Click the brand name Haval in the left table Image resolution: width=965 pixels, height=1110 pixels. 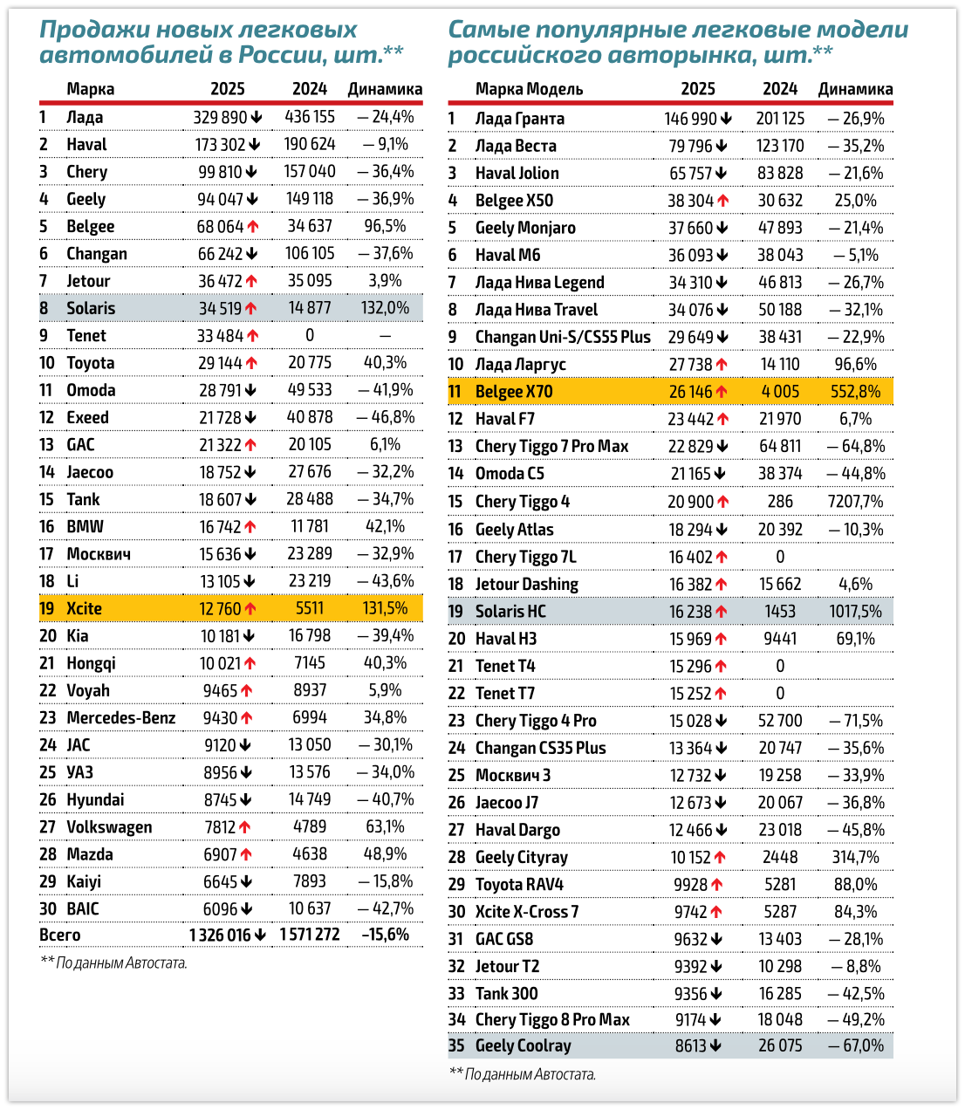tap(86, 145)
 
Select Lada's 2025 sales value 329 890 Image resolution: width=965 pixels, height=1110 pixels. tap(220, 117)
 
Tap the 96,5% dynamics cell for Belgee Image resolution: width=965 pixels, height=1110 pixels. tap(385, 226)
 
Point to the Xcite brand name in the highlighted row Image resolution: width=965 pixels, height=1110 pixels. tap(84, 608)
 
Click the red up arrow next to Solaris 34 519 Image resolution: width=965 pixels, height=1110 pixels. tap(251, 308)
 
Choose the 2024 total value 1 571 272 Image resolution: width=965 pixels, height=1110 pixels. tap(310, 935)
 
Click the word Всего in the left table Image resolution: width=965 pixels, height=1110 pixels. tap(59, 935)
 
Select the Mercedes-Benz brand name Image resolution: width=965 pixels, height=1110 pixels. tap(120, 717)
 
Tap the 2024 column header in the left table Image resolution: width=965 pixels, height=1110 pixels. tap(310, 89)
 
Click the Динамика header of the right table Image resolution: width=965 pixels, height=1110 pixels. tap(855, 89)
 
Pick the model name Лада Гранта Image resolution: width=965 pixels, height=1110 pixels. tap(519, 119)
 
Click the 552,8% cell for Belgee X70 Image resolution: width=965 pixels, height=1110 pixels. tap(855, 392)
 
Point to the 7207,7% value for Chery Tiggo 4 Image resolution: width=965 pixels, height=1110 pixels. tap(855, 502)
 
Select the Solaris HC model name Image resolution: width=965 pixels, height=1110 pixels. tap(510, 612)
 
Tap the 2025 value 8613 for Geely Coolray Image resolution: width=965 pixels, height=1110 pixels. tap(690, 1045)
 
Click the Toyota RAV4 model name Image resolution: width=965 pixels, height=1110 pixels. tap(519, 884)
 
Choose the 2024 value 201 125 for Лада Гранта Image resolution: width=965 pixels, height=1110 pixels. tap(780, 119)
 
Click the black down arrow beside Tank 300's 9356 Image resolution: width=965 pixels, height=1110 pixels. tap(716, 994)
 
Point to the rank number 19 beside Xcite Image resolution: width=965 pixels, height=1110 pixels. tap(47, 608)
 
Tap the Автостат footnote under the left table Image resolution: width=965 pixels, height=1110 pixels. tap(113, 963)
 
